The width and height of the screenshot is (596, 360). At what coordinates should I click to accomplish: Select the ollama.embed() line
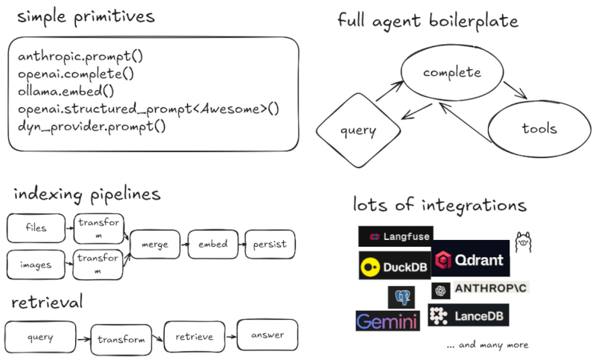click(66, 92)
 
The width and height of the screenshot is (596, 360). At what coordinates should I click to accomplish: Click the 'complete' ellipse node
click(452, 72)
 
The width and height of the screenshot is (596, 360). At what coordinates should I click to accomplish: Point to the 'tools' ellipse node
click(539, 128)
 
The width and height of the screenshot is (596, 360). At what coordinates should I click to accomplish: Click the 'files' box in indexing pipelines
click(36, 228)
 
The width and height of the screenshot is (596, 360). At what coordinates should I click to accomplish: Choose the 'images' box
click(36, 265)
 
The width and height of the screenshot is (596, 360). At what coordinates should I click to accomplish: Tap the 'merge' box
click(155, 244)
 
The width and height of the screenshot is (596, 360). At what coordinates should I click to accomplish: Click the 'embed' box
click(212, 244)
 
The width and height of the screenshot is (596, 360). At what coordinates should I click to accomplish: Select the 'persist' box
click(270, 244)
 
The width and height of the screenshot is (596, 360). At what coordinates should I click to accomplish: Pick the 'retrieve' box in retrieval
click(194, 336)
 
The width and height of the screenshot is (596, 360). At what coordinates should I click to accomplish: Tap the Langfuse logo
click(395, 236)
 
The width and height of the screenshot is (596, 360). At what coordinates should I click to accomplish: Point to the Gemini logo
click(387, 321)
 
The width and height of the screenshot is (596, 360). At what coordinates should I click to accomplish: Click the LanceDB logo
click(469, 316)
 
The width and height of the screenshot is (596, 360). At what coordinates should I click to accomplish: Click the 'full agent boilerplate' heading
click(428, 21)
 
